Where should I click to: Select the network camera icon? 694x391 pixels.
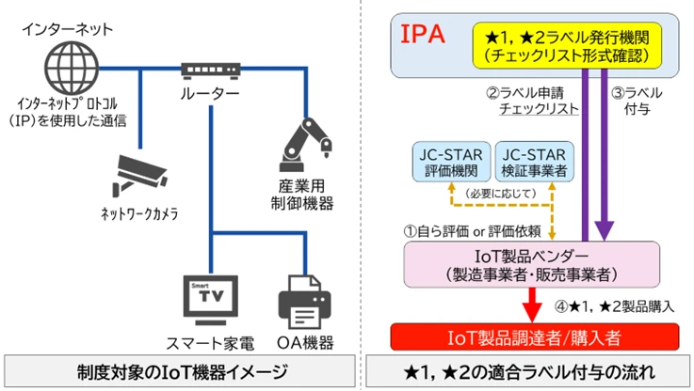coord(140,174)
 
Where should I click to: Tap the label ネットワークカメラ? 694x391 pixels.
coord(139,214)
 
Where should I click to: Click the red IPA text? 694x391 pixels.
coord(423,35)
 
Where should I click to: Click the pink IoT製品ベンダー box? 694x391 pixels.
coord(529,265)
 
